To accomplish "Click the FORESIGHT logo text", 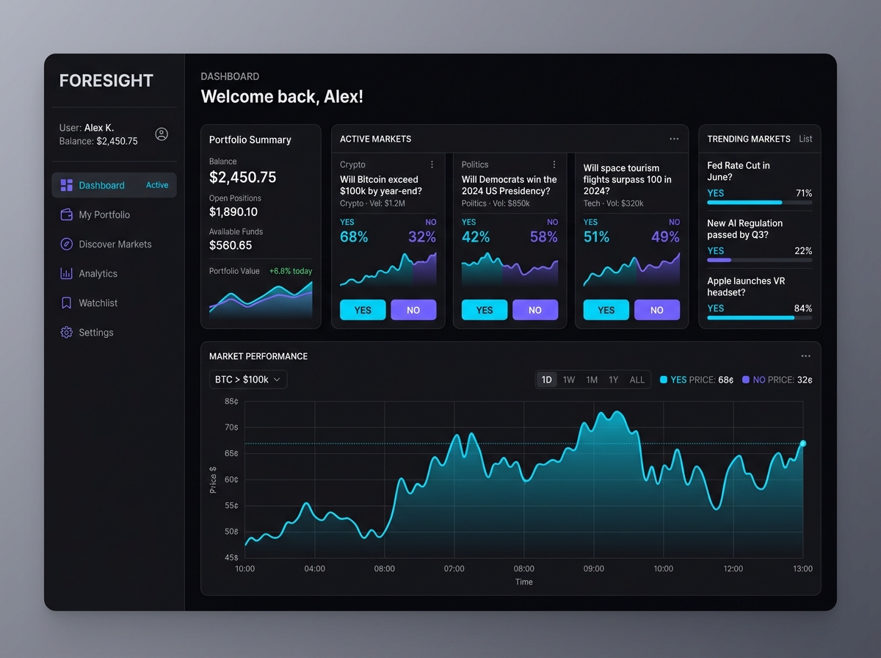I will (x=106, y=81).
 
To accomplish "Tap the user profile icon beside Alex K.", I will (x=162, y=134).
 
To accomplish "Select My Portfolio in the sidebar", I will (x=104, y=214).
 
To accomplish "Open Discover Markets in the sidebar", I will (x=115, y=244).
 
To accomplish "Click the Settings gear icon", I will (x=66, y=332).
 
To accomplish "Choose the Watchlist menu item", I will (x=98, y=303).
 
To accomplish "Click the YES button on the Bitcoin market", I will (x=363, y=310).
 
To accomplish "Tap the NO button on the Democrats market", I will (x=534, y=310).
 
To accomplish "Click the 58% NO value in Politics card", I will (x=543, y=236).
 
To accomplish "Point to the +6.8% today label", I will (x=290, y=271).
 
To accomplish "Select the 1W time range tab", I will (x=569, y=380).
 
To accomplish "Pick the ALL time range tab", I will (x=637, y=380).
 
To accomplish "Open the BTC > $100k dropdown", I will (x=247, y=380).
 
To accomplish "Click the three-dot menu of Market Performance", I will (x=805, y=356).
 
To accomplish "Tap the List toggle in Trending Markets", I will (x=805, y=139).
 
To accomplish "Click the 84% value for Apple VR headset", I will (x=802, y=308).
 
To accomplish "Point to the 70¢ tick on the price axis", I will (x=231, y=427).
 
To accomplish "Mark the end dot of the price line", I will (x=802, y=444).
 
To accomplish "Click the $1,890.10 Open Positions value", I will (x=233, y=212).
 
